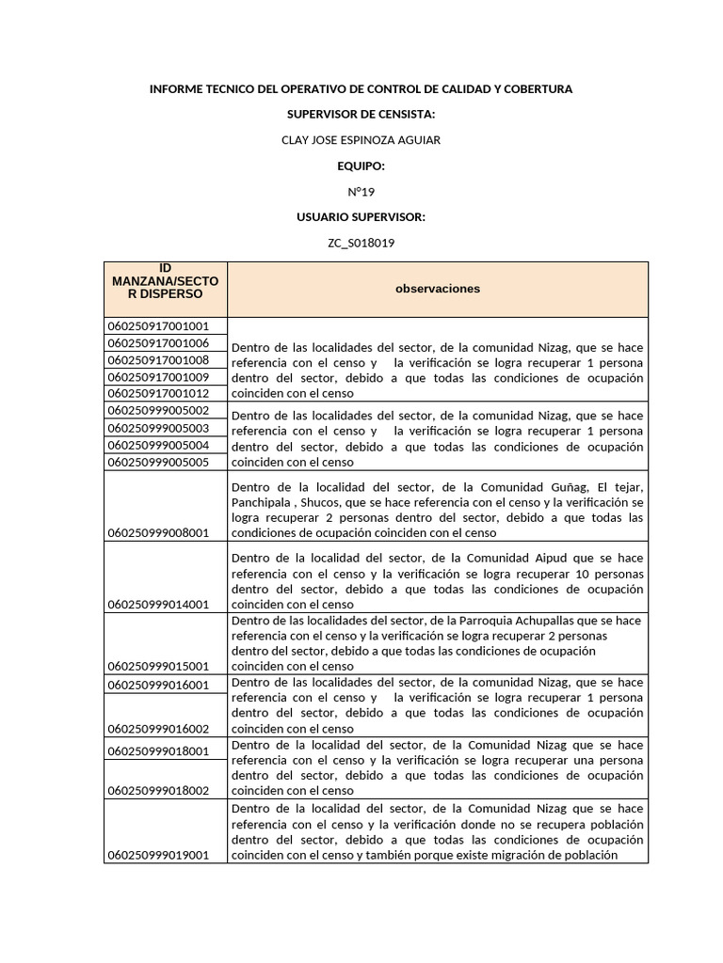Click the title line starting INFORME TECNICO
361,88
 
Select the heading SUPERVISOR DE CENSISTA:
361,114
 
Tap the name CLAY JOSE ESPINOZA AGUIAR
361,140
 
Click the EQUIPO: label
361,166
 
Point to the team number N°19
361,192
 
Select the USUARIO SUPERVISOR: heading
361,217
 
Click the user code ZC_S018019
361,243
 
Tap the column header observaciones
437,289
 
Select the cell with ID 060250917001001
158,326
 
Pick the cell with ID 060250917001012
158,393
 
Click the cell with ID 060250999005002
158,411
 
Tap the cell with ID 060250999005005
158,462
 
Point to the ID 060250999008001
158,533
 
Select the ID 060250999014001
158,604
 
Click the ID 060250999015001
158,666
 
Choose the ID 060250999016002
158,728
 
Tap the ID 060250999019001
158,855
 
